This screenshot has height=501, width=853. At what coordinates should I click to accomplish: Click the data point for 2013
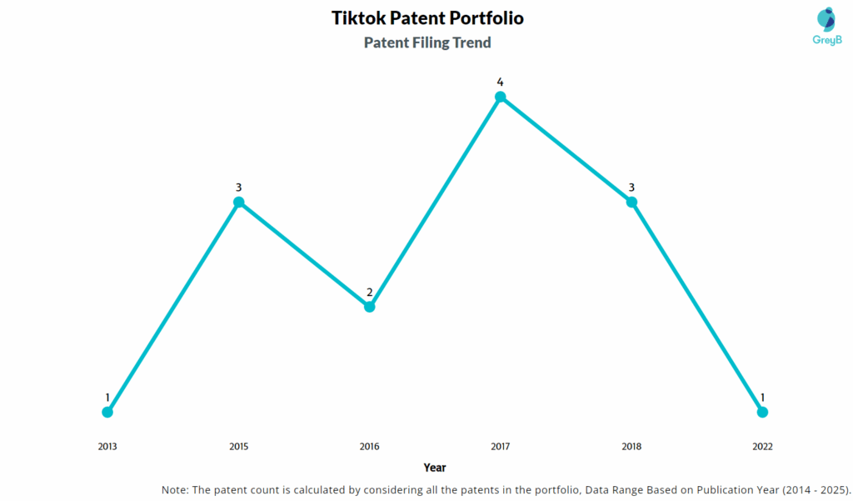pyautogui.click(x=107, y=412)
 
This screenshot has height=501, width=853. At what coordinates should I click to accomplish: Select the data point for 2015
pyautogui.click(x=239, y=202)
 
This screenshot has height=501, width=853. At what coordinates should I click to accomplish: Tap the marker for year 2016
pyautogui.click(x=370, y=307)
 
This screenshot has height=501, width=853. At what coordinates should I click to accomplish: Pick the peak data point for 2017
pyautogui.click(x=501, y=97)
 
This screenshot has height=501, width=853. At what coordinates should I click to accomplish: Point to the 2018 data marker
pyautogui.click(x=631, y=202)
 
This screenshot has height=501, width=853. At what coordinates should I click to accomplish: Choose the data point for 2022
pyautogui.click(x=762, y=412)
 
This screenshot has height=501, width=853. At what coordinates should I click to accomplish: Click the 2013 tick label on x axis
pyautogui.click(x=107, y=447)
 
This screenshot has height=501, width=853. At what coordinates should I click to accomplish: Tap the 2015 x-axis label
pyautogui.click(x=239, y=447)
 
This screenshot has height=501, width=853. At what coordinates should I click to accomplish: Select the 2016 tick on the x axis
pyautogui.click(x=370, y=447)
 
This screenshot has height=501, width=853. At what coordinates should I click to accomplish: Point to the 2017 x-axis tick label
pyautogui.click(x=501, y=447)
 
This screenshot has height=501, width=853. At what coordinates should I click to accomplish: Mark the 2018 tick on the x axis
pyautogui.click(x=631, y=447)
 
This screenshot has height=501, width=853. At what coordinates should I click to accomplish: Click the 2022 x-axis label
pyautogui.click(x=762, y=447)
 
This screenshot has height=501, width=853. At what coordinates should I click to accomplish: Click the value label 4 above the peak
pyautogui.click(x=501, y=82)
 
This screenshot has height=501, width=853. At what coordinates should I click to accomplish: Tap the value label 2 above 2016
pyautogui.click(x=370, y=292)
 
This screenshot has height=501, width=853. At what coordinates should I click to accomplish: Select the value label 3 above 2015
pyautogui.click(x=239, y=188)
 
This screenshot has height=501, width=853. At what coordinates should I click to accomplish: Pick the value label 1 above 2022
pyautogui.click(x=762, y=398)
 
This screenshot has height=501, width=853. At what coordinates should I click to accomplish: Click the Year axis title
pyautogui.click(x=434, y=468)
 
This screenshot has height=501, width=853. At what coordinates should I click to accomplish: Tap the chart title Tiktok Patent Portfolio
pyautogui.click(x=427, y=18)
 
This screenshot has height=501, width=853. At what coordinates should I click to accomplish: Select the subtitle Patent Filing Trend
pyautogui.click(x=427, y=43)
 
